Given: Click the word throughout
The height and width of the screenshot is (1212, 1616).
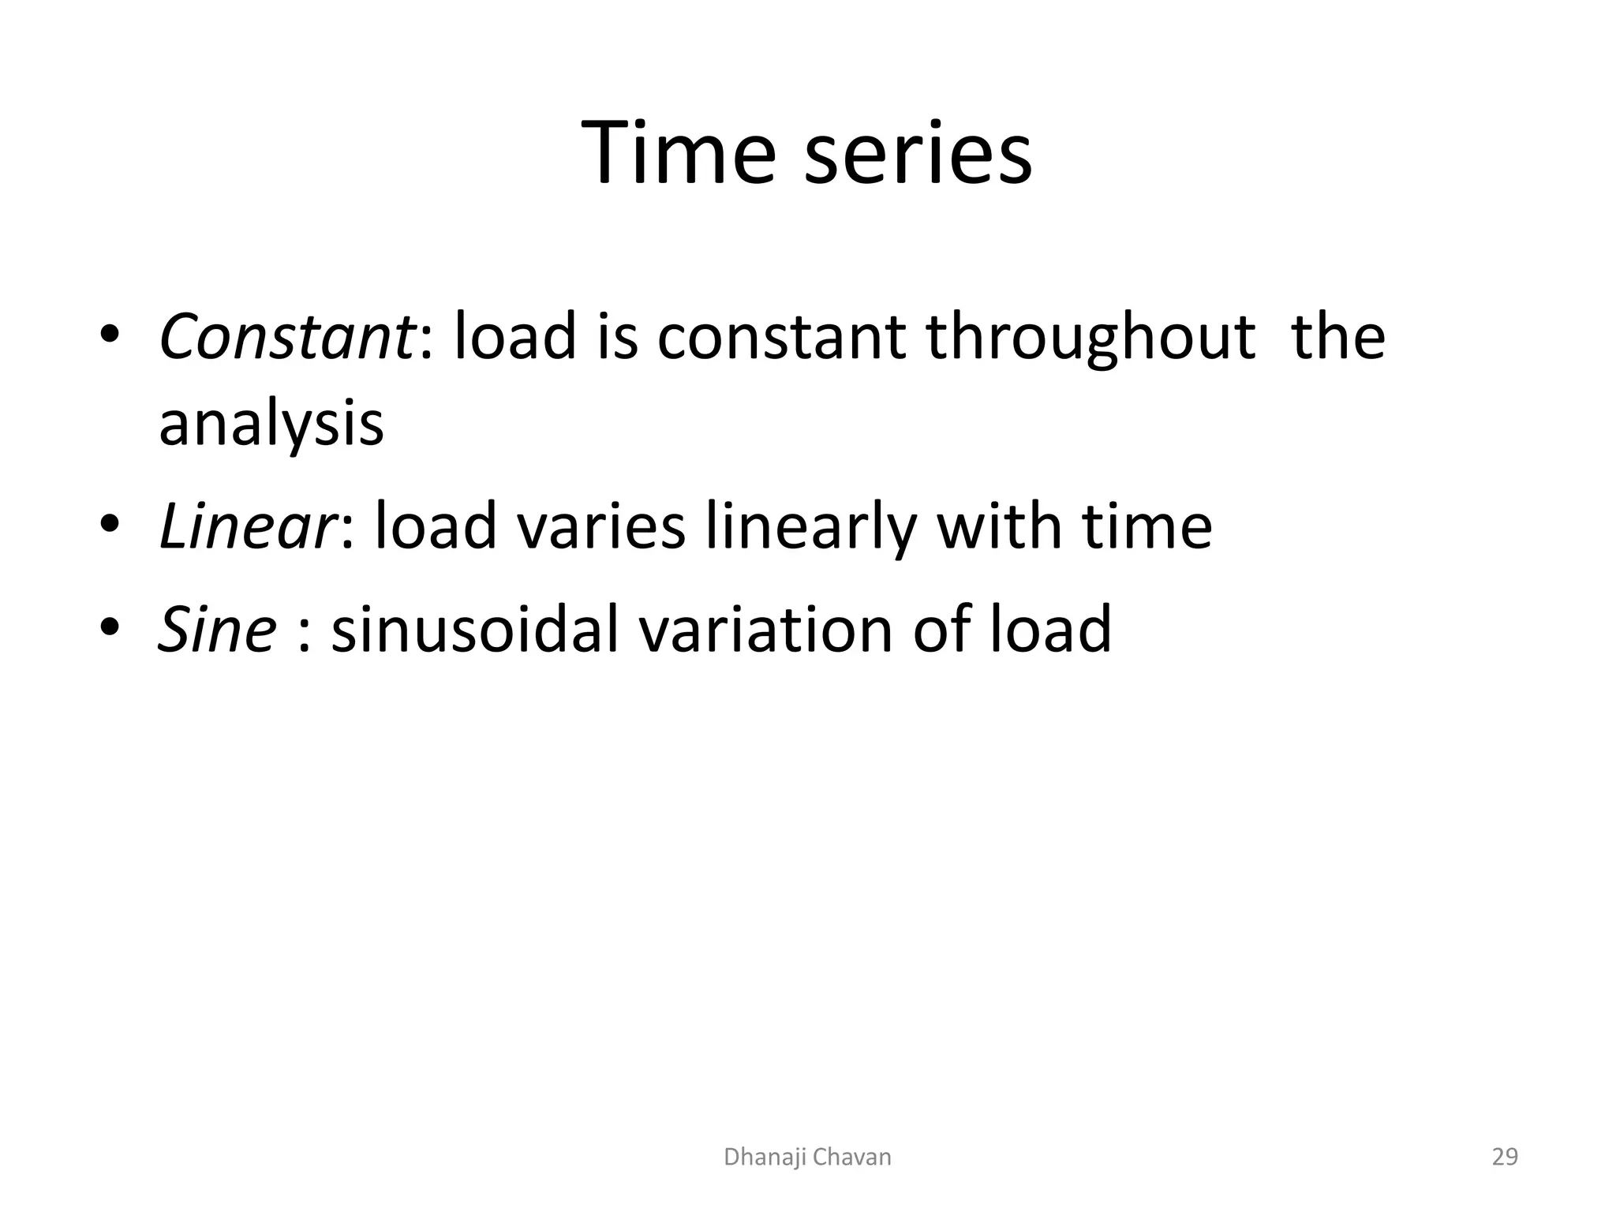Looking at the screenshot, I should tap(1090, 337).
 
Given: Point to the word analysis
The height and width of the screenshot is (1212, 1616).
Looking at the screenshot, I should tap(271, 424).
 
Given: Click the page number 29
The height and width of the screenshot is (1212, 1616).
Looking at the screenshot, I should tap(1505, 1157).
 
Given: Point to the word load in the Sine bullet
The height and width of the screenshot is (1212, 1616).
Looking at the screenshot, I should tap(1051, 629).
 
